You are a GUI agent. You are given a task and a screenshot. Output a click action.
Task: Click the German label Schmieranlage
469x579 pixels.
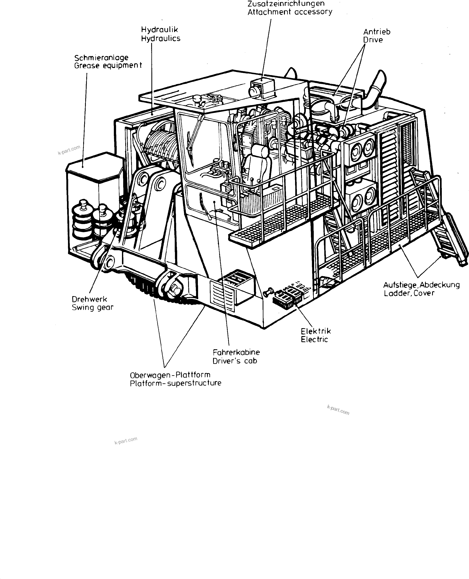(x=101, y=58)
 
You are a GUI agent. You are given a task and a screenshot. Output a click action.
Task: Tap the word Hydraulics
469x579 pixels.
(x=161, y=38)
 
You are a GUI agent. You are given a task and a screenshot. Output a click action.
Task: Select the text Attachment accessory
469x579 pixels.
(x=290, y=12)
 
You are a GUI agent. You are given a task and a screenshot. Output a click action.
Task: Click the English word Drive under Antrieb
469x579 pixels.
(x=373, y=40)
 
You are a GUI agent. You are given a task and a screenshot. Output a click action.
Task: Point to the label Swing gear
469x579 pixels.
(x=92, y=307)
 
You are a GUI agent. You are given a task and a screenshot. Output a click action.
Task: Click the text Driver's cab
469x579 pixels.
(x=235, y=361)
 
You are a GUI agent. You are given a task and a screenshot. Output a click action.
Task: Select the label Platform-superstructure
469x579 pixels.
(x=175, y=383)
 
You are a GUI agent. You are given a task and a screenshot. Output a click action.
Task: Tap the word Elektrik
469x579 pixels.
(x=316, y=331)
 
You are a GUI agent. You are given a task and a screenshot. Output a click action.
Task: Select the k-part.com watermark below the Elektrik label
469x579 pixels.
(x=338, y=410)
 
